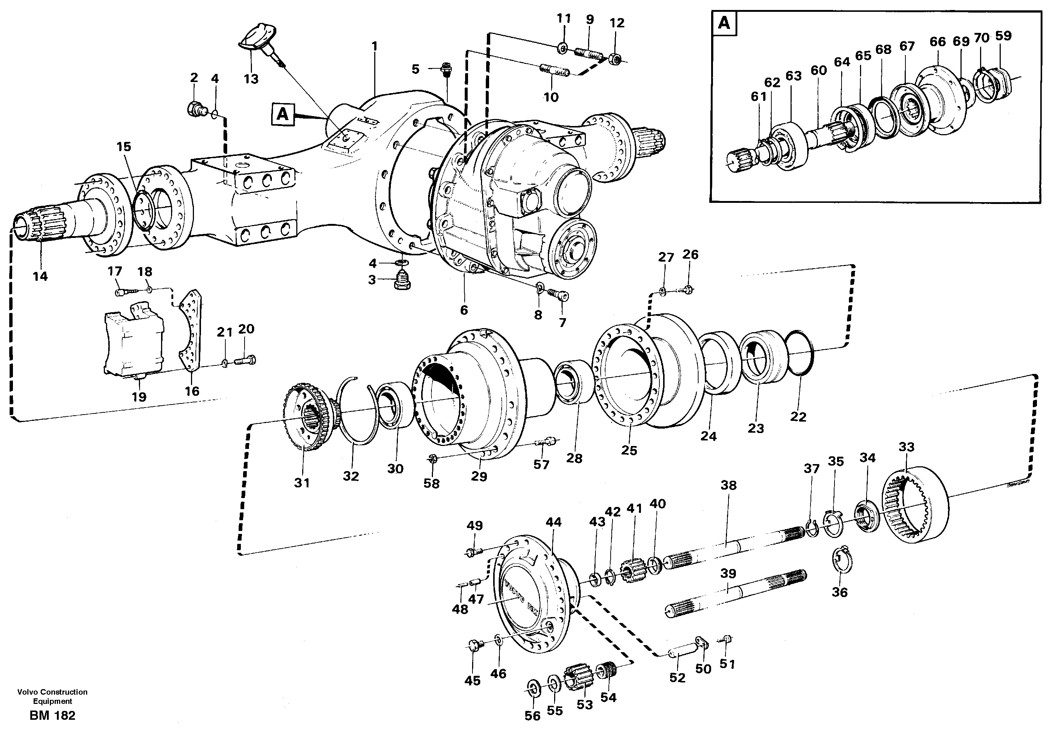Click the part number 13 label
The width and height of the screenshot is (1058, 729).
click(x=251, y=79)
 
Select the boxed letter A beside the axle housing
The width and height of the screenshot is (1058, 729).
click(x=283, y=114)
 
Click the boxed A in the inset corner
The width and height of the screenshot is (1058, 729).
click(x=724, y=23)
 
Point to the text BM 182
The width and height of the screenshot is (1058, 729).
click(x=52, y=715)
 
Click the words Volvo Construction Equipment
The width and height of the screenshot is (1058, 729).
click(x=52, y=696)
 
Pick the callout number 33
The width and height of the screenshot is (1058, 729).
click(x=907, y=447)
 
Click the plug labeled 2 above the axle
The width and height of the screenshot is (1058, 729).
click(x=197, y=109)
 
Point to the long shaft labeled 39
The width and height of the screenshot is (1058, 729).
click(x=735, y=594)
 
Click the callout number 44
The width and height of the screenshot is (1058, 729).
click(x=553, y=522)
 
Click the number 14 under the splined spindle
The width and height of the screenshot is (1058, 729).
click(x=40, y=276)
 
